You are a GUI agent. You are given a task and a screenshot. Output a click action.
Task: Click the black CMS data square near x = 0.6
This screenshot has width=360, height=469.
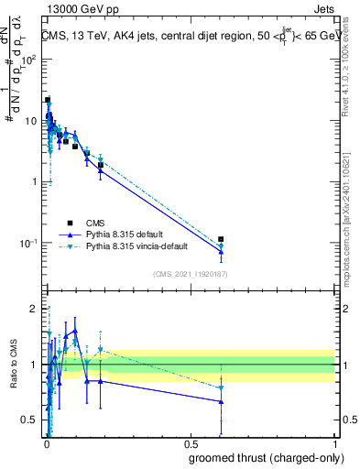221,239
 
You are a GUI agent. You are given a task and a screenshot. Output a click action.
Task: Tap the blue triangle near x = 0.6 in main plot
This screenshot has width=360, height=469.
221,252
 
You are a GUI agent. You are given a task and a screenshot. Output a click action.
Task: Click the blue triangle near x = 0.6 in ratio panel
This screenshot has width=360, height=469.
221,401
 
